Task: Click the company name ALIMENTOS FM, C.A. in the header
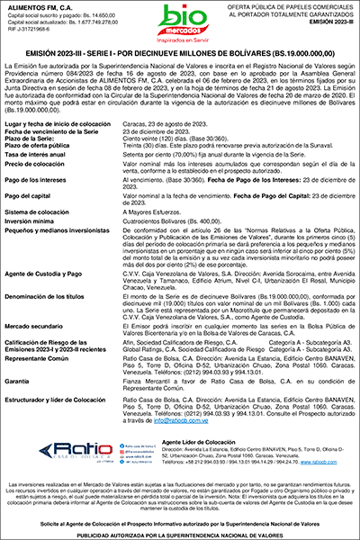tap(40, 7)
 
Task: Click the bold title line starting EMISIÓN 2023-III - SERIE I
tap(180, 53)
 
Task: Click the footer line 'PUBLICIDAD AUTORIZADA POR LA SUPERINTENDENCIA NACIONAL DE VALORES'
tap(180, 534)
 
